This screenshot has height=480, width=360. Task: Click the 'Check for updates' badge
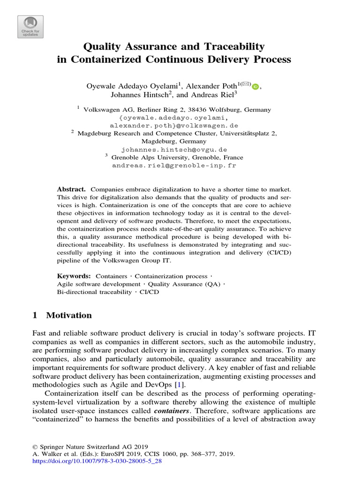point(30,27)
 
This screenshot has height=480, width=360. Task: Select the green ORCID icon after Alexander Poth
point(255,87)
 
